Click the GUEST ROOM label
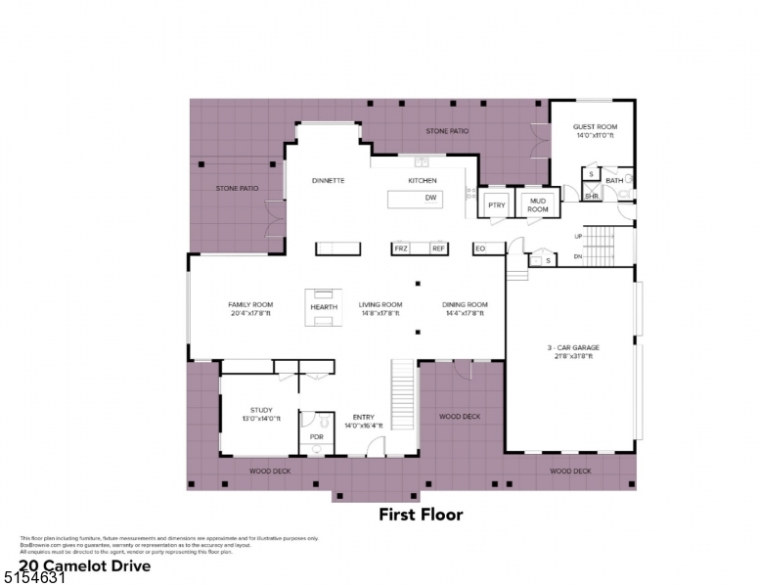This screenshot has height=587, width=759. tap(595, 126)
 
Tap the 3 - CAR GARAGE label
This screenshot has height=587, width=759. tap(572, 347)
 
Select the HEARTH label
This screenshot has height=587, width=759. tap(324, 307)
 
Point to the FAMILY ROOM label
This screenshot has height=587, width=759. tap(250, 304)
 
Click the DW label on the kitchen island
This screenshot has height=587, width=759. tap(429, 199)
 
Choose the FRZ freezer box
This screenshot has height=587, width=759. tap(400, 248)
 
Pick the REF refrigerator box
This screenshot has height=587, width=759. tap(438, 248)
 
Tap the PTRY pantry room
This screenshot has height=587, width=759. tap(496, 204)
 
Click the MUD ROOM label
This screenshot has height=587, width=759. tap(538, 204)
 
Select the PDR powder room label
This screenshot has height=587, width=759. tap(316, 436)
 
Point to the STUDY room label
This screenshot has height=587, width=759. tap(261, 410)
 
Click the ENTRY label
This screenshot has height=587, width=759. tap(363, 418)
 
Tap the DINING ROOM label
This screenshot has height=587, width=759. tap(466, 304)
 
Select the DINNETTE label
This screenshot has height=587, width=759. tap(328, 181)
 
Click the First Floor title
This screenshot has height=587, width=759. tap(421, 515)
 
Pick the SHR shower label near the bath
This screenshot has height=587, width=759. tap(591, 196)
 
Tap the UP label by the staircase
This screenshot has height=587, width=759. tap(578, 236)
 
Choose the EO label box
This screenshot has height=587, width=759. tap(480, 248)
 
